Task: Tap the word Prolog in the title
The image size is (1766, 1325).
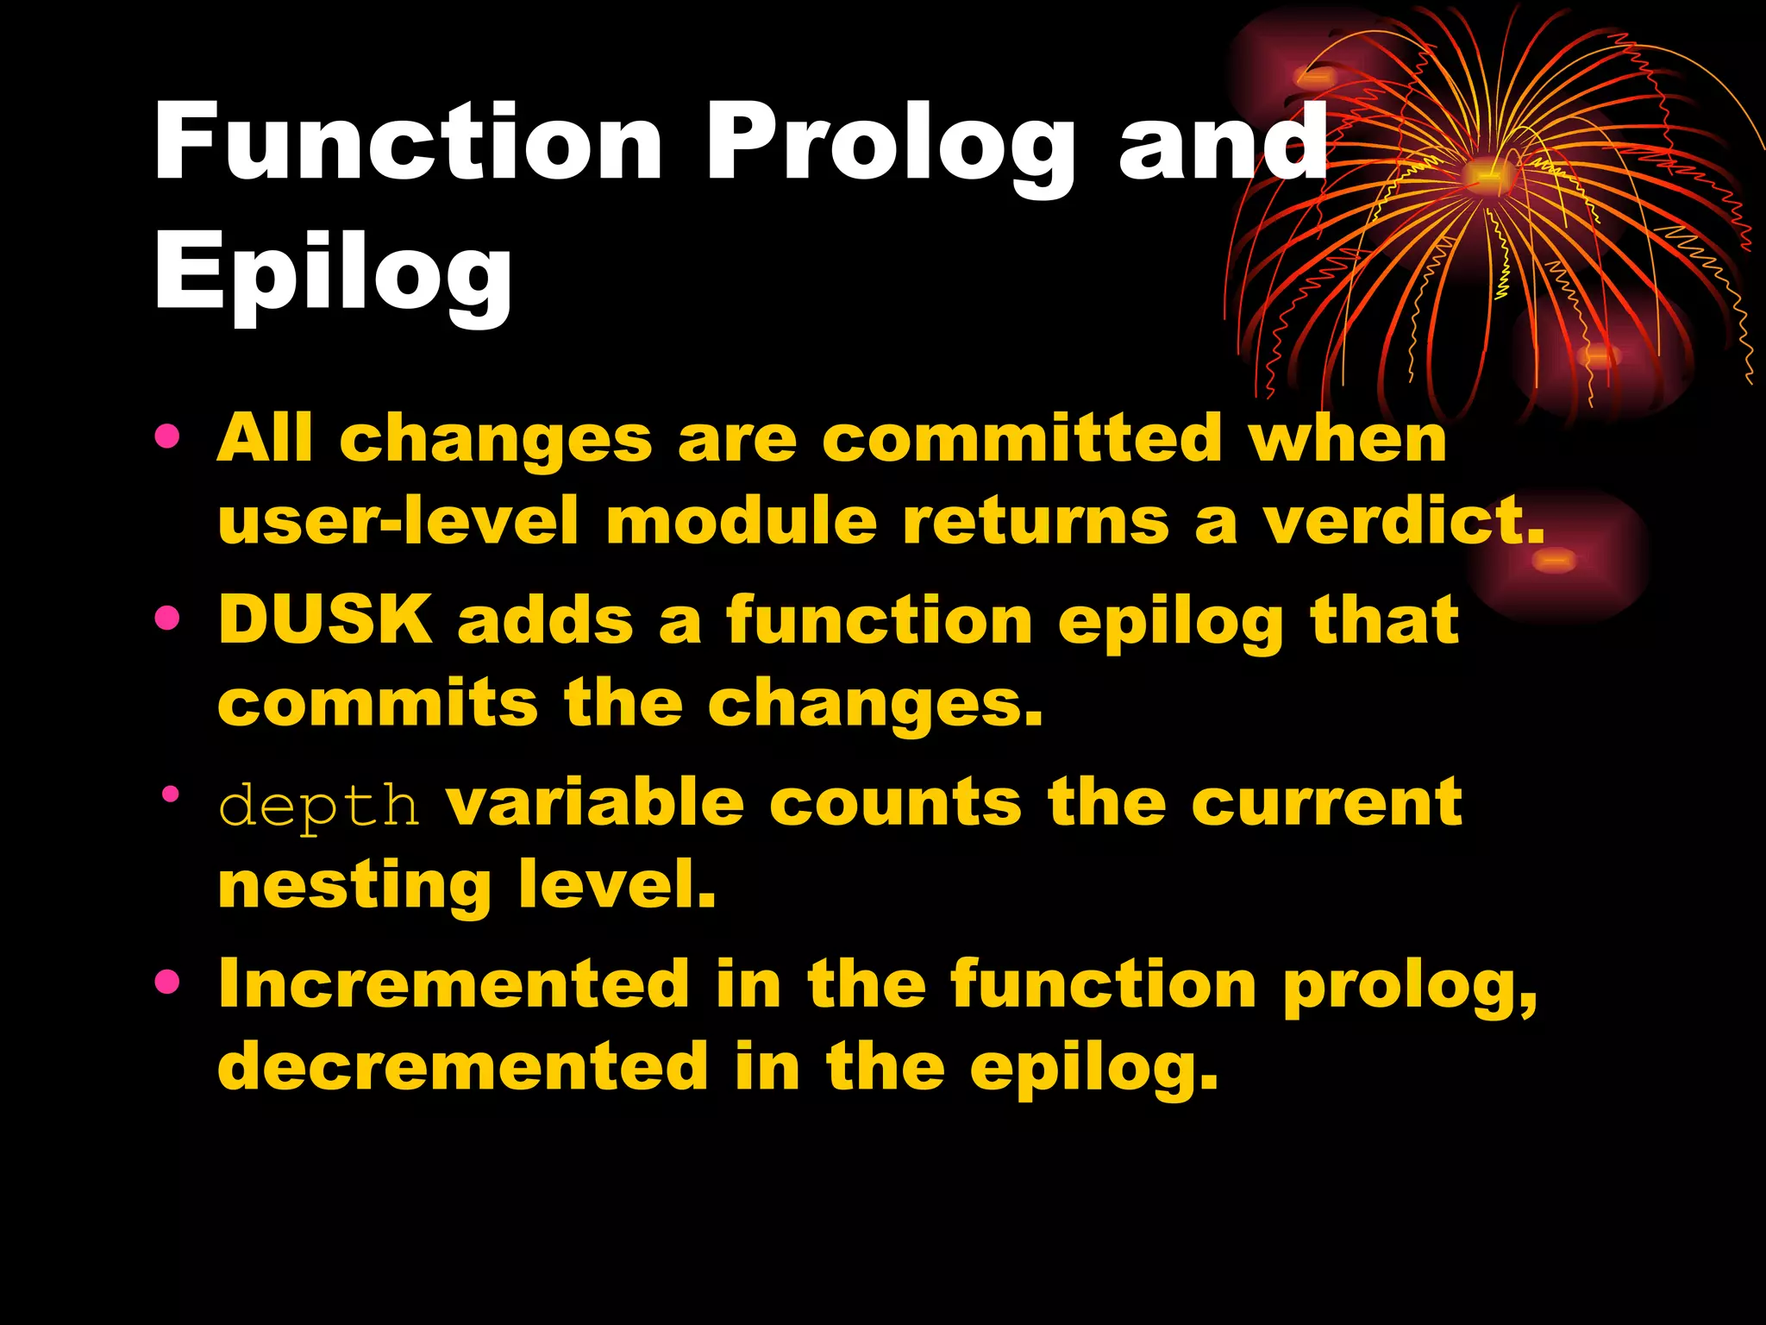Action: [x=890, y=147]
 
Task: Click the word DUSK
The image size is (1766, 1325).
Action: [x=325, y=619]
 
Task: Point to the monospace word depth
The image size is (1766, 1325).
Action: [x=318, y=805]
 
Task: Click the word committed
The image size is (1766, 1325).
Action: [x=1022, y=437]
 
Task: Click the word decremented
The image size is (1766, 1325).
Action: [x=463, y=1066]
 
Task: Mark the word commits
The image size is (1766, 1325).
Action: [x=378, y=703]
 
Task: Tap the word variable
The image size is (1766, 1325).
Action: [x=595, y=802]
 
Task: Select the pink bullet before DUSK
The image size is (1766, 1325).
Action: [x=167, y=618]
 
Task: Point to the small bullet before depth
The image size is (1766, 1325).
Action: [x=170, y=793]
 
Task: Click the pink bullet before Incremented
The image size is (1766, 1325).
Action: [x=167, y=981]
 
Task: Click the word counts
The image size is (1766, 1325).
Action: [x=895, y=802]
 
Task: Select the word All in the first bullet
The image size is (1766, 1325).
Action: [x=264, y=437]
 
